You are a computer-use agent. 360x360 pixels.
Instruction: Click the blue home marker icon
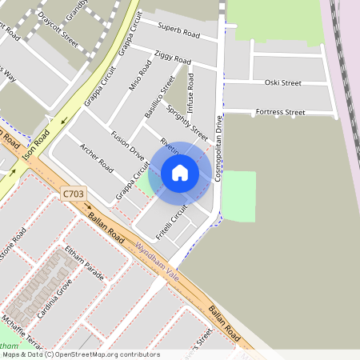[180, 173]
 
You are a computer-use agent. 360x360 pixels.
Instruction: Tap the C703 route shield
[72, 194]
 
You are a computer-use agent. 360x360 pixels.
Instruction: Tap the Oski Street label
[282, 82]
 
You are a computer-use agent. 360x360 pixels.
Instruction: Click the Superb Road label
[178, 31]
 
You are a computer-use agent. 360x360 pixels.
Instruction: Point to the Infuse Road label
[190, 92]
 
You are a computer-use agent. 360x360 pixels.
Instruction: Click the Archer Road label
[95, 161]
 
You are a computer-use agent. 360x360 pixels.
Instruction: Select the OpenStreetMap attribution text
[80, 354]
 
